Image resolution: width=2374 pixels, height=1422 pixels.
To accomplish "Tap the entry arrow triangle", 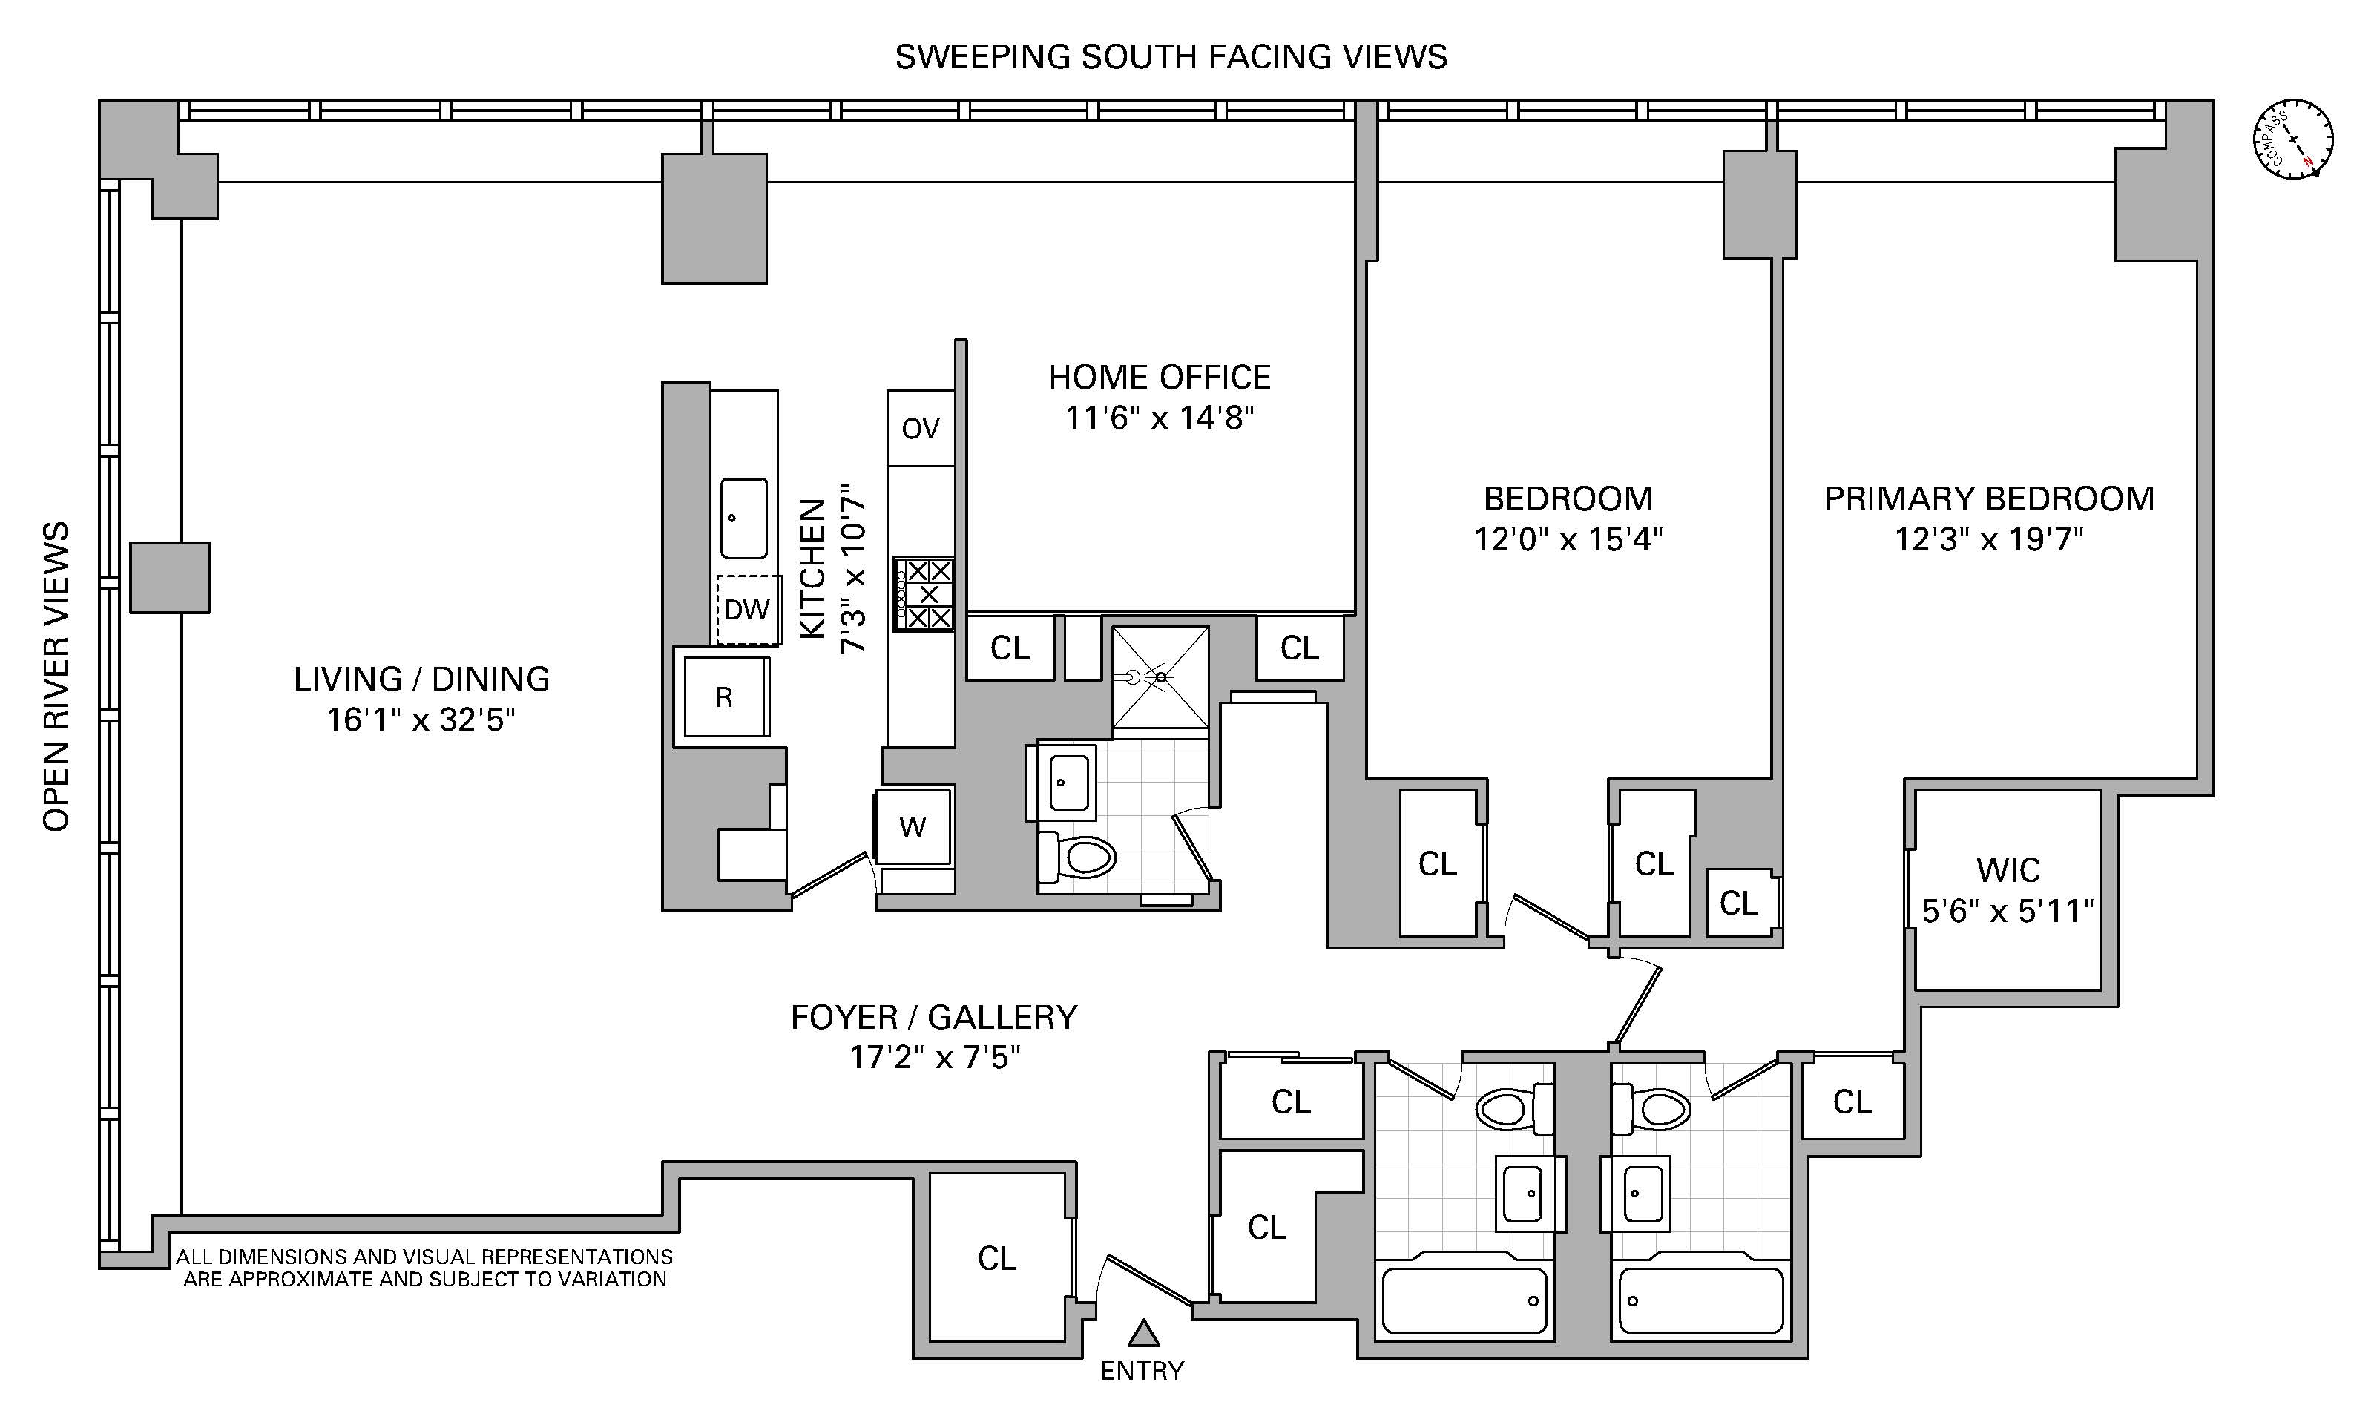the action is [x=1143, y=1333].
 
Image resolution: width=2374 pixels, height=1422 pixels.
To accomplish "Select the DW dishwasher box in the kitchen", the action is [x=747, y=610].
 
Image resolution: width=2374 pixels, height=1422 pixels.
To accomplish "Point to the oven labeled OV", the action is [x=921, y=428].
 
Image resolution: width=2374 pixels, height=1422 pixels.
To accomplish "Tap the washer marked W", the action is [x=913, y=826].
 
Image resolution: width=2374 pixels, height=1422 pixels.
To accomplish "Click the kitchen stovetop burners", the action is [x=924, y=594].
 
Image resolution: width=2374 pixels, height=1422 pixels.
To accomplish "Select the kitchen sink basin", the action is [x=743, y=519].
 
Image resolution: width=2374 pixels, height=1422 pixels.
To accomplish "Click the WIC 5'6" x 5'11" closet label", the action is [x=2007, y=890].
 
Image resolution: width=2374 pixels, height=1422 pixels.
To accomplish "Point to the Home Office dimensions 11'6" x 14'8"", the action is [x=1160, y=418].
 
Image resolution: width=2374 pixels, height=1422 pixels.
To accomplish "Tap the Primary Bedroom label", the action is [x=1989, y=499].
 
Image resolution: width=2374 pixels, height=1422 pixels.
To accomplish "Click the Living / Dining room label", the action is [x=421, y=679].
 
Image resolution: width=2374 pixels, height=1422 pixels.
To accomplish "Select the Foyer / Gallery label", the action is [x=934, y=1017].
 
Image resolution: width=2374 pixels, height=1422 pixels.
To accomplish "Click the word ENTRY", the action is [x=1142, y=1372].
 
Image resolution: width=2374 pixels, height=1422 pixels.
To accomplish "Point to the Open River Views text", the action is [x=56, y=677].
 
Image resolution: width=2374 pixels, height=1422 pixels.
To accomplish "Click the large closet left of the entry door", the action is [x=997, y=1257].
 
